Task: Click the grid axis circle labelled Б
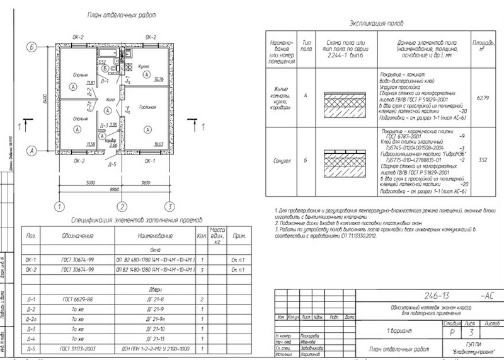tap(31, 46)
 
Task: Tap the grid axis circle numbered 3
tap(169, 206)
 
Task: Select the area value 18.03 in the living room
tap(158, 144)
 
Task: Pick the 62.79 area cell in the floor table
tap(483, 98)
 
